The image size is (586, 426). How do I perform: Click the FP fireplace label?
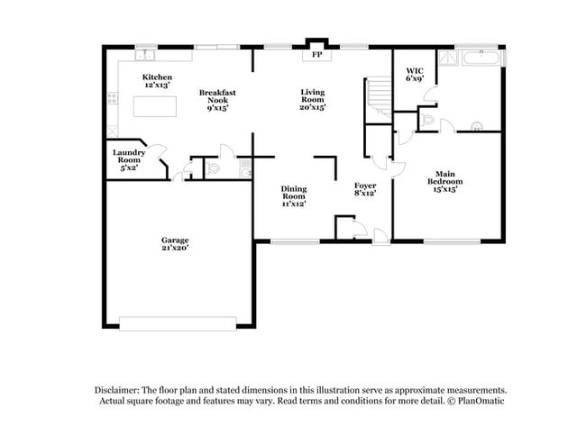(316, 56)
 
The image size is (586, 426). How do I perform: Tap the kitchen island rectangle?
(157, 106)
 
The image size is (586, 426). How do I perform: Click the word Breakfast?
(217, 93)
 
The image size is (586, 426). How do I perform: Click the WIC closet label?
(415, 69)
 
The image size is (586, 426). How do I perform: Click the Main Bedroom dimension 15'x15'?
(444, 189)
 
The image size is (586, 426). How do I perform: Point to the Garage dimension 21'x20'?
(175, 248)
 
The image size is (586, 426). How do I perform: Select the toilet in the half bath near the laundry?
(213, 168)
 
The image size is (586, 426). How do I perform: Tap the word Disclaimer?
(117, 388)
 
